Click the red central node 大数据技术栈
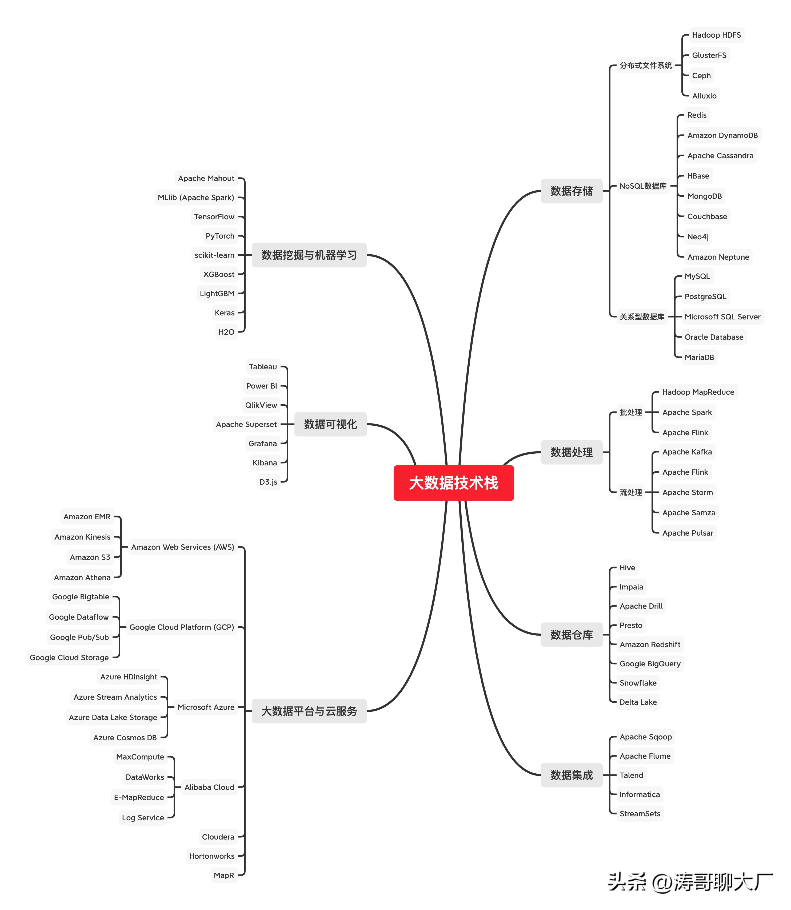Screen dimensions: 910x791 coord(453,483)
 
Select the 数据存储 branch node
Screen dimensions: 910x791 coord(571,191)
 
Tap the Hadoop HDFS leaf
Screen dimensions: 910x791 coord(716,35)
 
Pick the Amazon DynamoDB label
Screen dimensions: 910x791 coord(722,135)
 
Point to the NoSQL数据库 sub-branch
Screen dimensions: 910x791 coord(643,186)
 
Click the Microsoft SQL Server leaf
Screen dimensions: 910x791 coord(722,317)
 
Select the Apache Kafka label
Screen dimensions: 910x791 coord(687,452)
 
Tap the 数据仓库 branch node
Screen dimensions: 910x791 coord(571,635)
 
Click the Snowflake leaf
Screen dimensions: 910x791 coord(638,683)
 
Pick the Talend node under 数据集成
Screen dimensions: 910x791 coord(631,775)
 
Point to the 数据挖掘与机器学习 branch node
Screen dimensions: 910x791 coord(309,255)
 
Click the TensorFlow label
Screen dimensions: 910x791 coord(214,216)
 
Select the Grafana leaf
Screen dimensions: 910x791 coord(263,444)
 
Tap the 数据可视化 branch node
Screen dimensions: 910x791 coord(330,424)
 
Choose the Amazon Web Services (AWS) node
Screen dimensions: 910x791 coord(182,547)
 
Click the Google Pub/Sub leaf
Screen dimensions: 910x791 coord(79,637)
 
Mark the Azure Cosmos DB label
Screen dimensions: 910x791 coord(125,738)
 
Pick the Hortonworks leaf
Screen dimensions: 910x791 coord(211,856)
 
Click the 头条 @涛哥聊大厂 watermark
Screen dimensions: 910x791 coord(689,883)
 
